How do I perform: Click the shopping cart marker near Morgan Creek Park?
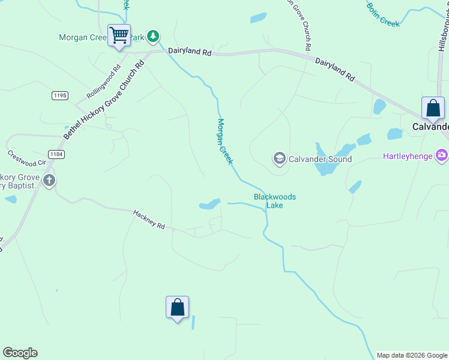119,35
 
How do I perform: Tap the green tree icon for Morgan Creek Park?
153,37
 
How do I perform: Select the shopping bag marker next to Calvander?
433,109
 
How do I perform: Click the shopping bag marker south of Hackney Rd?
177,308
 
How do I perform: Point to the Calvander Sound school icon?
279,159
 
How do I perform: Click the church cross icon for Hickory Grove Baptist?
49,180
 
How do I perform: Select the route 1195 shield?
59,95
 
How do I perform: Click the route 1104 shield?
57,154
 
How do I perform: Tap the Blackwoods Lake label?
275,201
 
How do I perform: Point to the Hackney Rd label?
149,219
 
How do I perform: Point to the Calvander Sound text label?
320,159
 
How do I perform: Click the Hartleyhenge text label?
408,157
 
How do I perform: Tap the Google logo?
20,353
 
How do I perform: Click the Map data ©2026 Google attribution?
412,355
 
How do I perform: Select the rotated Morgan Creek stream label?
224,142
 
